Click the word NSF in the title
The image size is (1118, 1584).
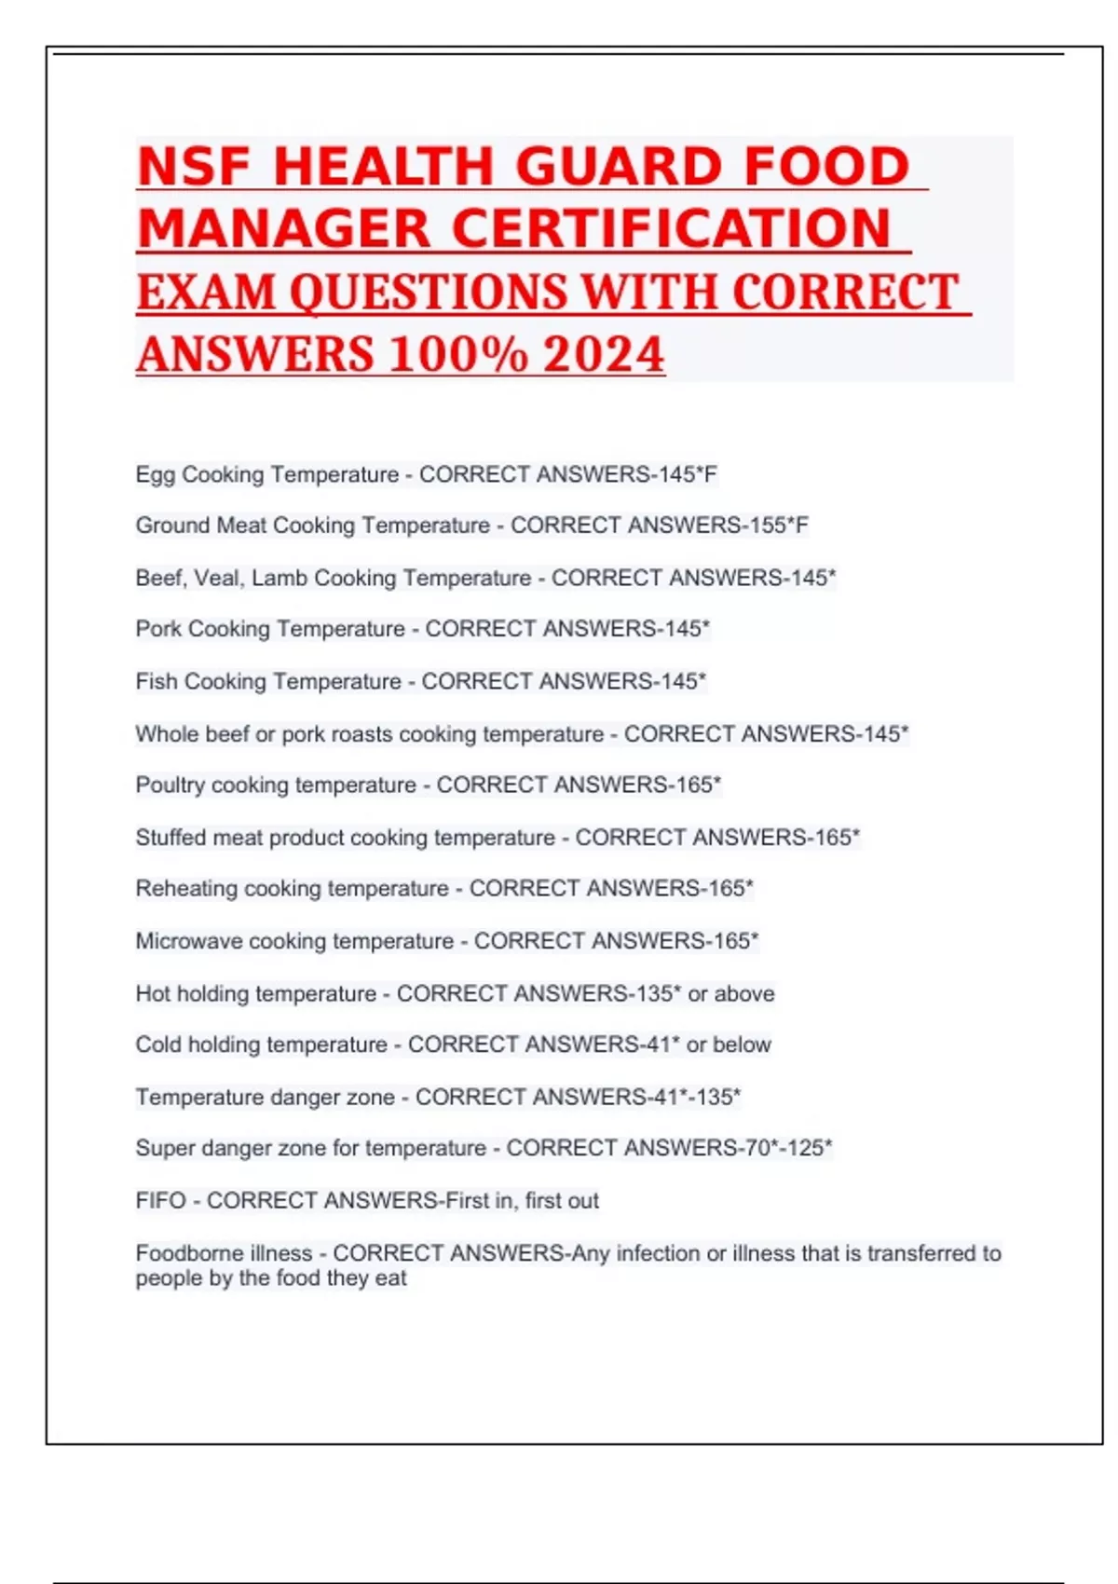194,168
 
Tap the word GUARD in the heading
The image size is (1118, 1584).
619,168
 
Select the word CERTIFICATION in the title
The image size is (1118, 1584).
672,229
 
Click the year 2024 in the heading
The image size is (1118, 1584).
604,355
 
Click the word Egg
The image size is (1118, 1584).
155,475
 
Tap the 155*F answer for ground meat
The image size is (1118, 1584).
779,526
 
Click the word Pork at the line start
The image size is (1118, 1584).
158,629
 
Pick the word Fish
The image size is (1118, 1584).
157,682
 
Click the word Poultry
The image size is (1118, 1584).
170,785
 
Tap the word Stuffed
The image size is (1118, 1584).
170,838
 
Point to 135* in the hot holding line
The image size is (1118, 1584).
655,993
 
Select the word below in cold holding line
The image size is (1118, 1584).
742,1045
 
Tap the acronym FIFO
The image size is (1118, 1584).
161,1201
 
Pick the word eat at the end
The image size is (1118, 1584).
391,1278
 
